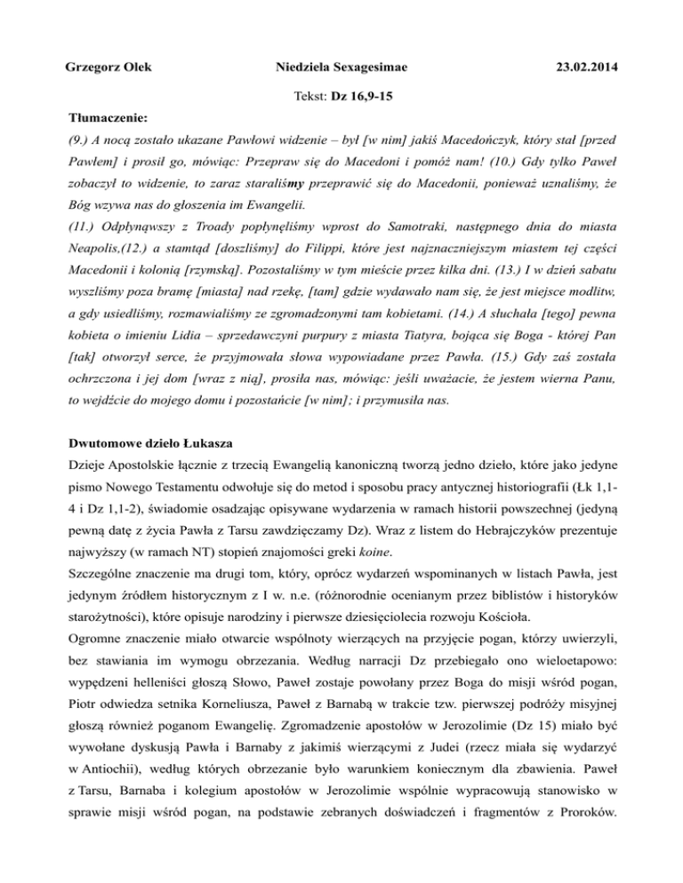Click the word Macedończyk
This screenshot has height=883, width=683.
click(477, 140)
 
